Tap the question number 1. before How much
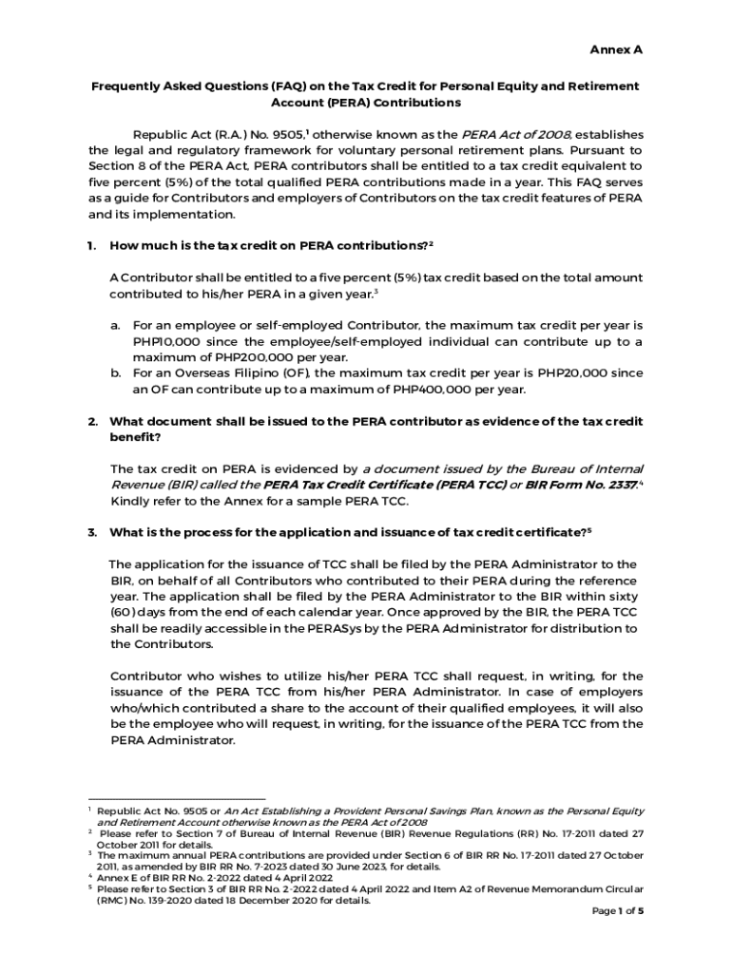pos(92,246)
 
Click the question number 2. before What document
pos(92,421)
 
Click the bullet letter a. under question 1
pos(115,325)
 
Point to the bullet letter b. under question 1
pos(115,373)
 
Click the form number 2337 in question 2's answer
pos(622,485)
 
